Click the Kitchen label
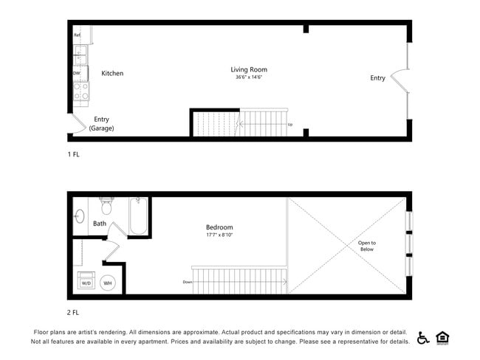click(112, 73)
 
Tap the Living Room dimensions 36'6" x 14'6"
click(249, 77)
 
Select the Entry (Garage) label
click(101, 123)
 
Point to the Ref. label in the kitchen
click(77, 35)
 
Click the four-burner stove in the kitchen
click(80, 91)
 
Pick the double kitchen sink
click(80, 55)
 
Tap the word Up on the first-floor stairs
click(289, 124)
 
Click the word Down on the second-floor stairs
click(188, 282)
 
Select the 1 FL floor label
click(74, 155)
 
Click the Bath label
click(100, 223)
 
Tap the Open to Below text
click(366, 246)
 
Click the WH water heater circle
click(107, 283)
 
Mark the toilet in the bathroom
click(106, 204)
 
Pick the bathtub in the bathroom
click(138, 216)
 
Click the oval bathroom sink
click(79, 216)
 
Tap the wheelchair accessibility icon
click(424, 338)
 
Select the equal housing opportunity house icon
click(443, 338)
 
